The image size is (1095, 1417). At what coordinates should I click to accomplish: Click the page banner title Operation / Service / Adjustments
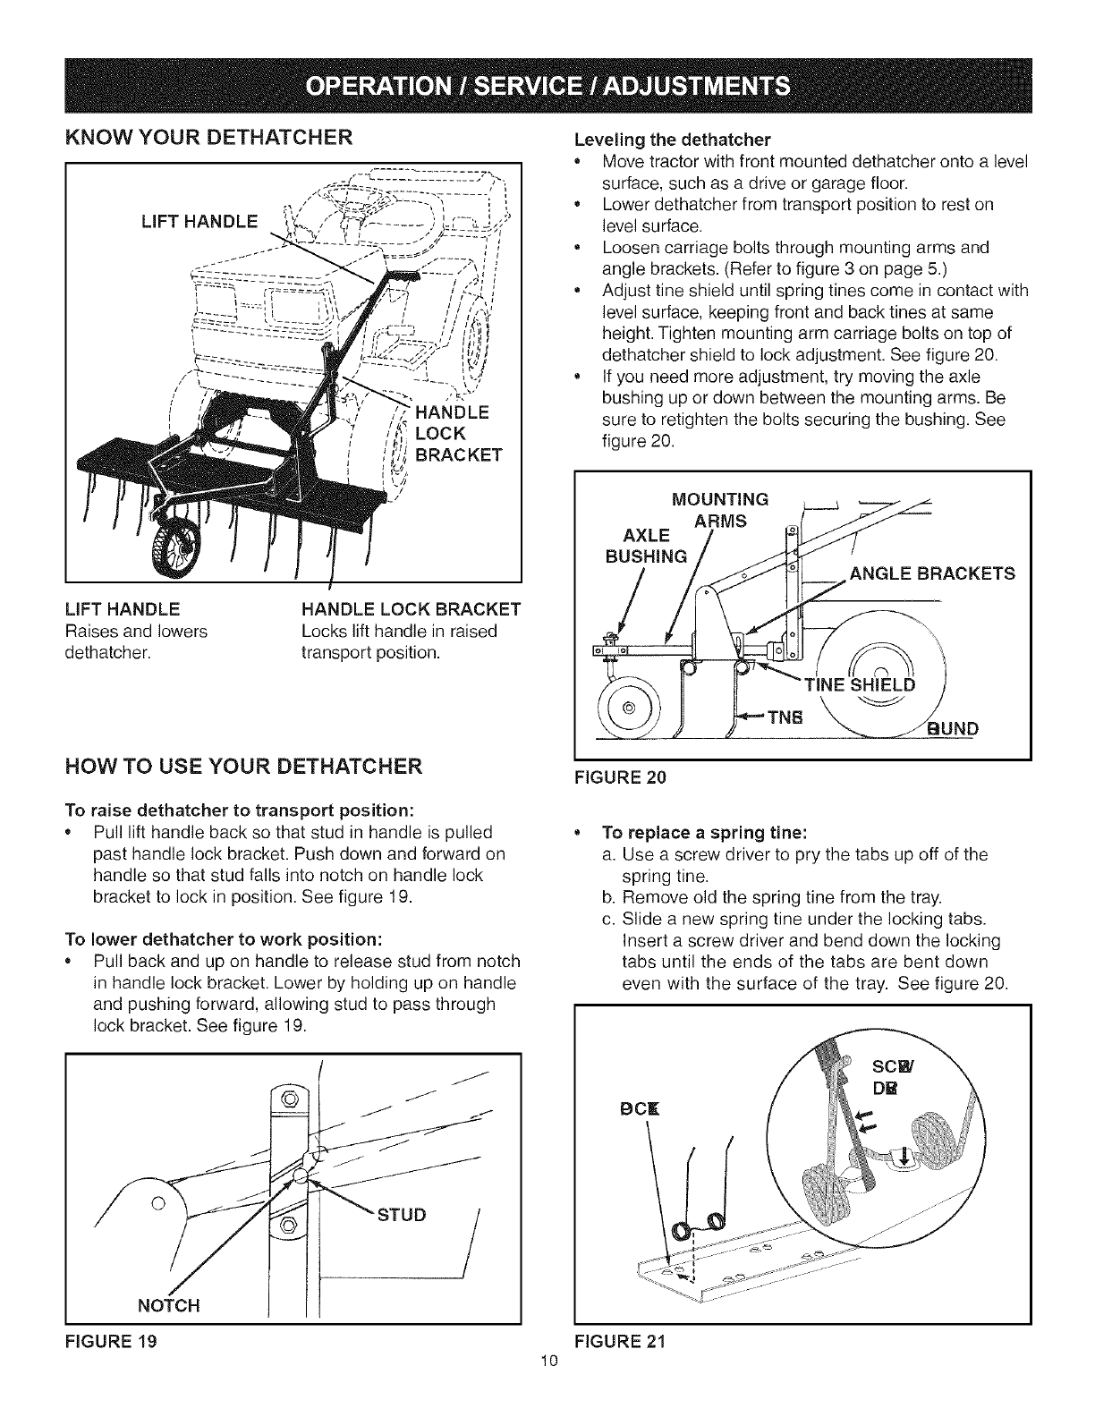coord(547,86)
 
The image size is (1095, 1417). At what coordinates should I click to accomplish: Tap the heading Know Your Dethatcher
coord(208,138)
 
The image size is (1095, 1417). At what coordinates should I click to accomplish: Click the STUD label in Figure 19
coord(402,1214)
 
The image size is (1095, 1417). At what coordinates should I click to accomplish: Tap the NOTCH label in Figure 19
coord(168,1305)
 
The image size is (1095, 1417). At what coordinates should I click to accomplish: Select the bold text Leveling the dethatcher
coord(672,140)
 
